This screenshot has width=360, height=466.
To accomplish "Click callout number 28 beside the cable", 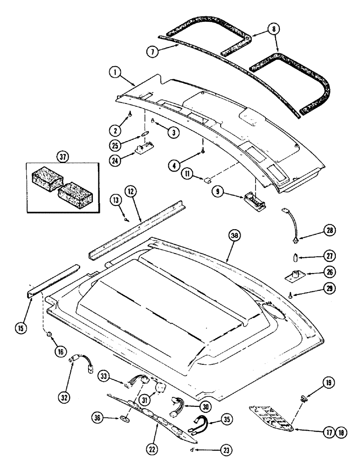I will click(318, 230).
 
